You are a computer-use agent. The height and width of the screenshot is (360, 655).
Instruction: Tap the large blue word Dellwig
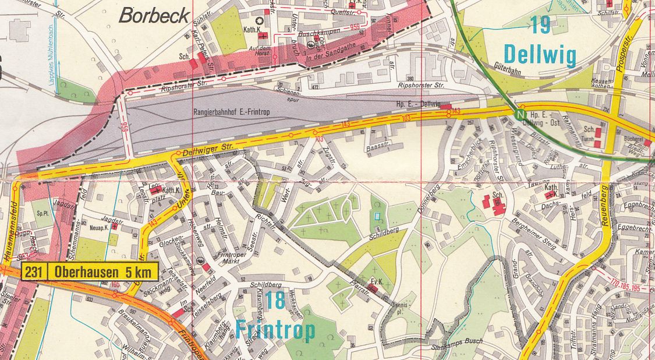(x=540, y=56)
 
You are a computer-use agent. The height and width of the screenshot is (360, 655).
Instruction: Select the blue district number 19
(x=541, y=24)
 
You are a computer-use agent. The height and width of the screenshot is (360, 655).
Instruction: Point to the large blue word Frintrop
(x=275, y=330)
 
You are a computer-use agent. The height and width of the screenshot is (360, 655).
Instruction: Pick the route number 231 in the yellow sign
(x=34, y=272)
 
